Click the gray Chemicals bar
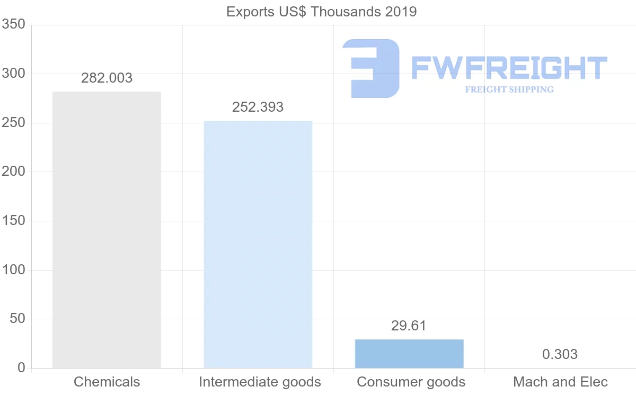tap(107, 230)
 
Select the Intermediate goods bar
tap(258, 244)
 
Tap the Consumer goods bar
tap(409, 354)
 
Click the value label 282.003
tap(107, 78)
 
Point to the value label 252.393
tap(258, 107)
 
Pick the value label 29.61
tap(409, 326)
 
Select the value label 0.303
tap(560, 354)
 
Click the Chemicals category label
tap(107, 382)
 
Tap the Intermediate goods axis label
tap(260, 382)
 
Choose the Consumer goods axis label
tap(411, 382)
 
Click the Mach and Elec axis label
tap(560, 382)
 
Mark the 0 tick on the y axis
tap(21, 368)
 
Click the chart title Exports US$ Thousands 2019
tap(322, 12)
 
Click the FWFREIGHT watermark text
tap(509, 68)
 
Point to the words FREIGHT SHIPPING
tap(509, 89)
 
